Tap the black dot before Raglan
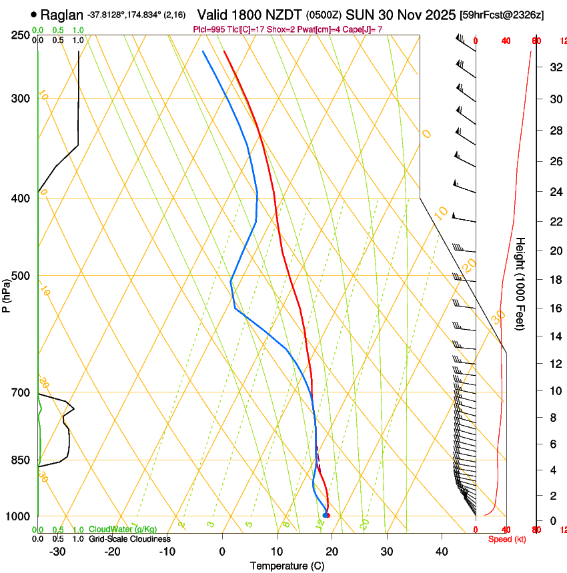coord(33,14)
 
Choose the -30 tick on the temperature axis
coord(57,552)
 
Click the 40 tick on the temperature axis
coord(441,552)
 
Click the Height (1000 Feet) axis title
coord(521,284)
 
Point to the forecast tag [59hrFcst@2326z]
coord(502,15)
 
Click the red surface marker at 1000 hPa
coord(327,515)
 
